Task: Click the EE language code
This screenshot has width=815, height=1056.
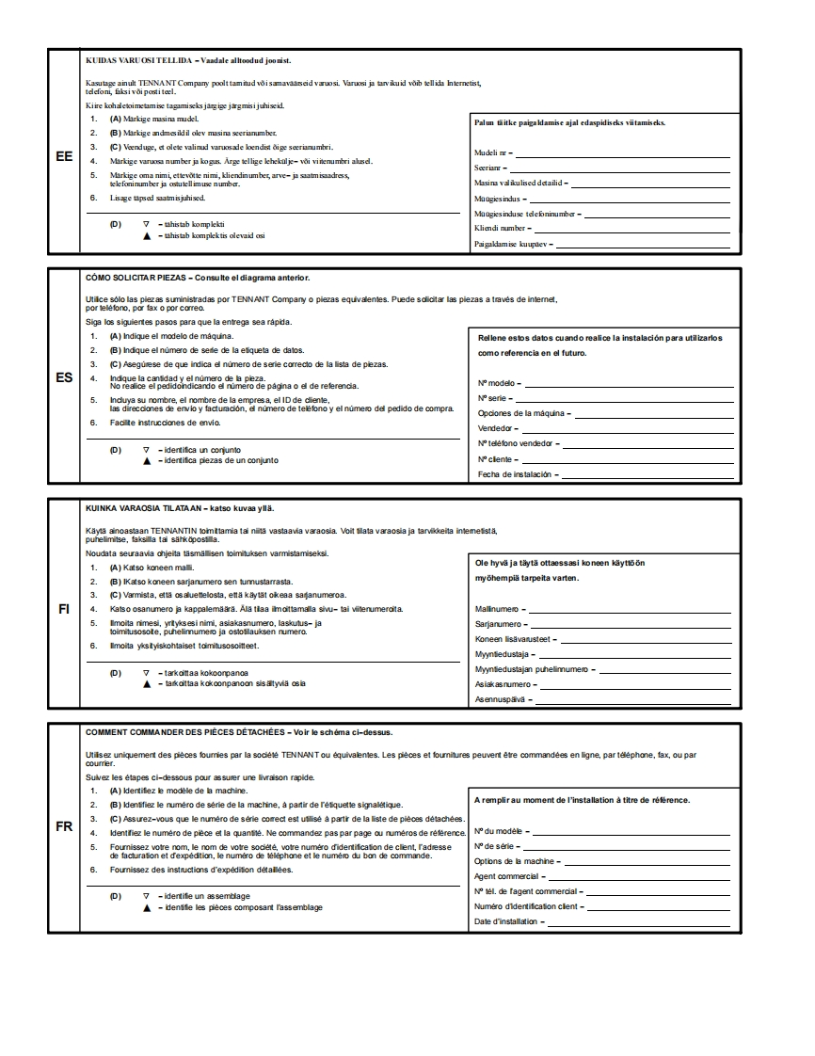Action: click(64, 156)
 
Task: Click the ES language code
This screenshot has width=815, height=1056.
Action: click(64, 377)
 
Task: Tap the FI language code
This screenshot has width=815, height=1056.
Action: click(64, 608)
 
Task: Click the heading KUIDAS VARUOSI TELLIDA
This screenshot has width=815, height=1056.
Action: click(139, 59)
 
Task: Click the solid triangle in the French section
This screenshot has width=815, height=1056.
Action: click(146, 908)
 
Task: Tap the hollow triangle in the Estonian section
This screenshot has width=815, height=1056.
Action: click(146, 224)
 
